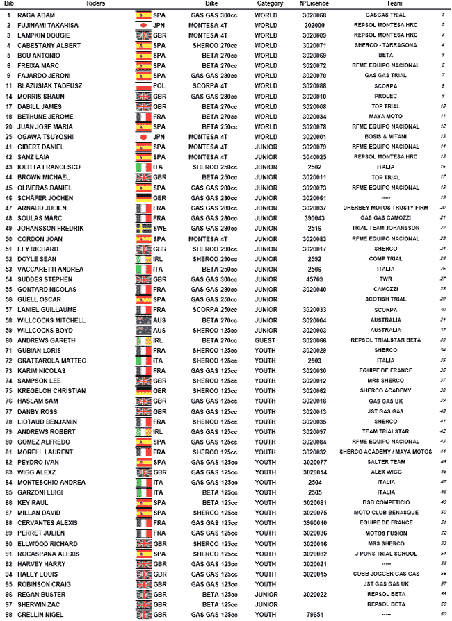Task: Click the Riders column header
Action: click(x=96, y=4)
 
